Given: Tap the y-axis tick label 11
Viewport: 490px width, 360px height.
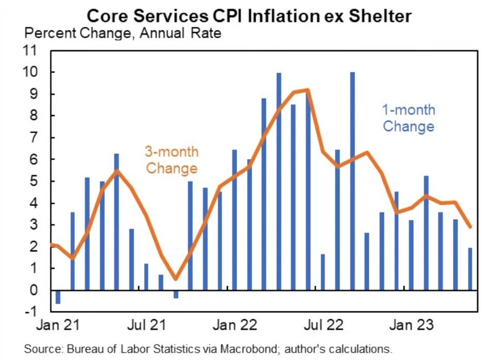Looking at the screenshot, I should coord(39,50).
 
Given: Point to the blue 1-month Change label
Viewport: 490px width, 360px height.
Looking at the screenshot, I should coord(408,118).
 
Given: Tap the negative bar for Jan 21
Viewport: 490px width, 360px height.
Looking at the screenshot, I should coord(58,297).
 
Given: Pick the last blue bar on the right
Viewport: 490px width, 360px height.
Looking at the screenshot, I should coord(470,269).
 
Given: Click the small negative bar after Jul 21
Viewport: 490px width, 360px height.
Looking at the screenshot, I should coord(176,294).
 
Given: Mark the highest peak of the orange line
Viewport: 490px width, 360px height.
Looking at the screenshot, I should coord(308,90).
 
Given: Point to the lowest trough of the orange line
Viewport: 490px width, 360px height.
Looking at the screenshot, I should coord(176,279).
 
